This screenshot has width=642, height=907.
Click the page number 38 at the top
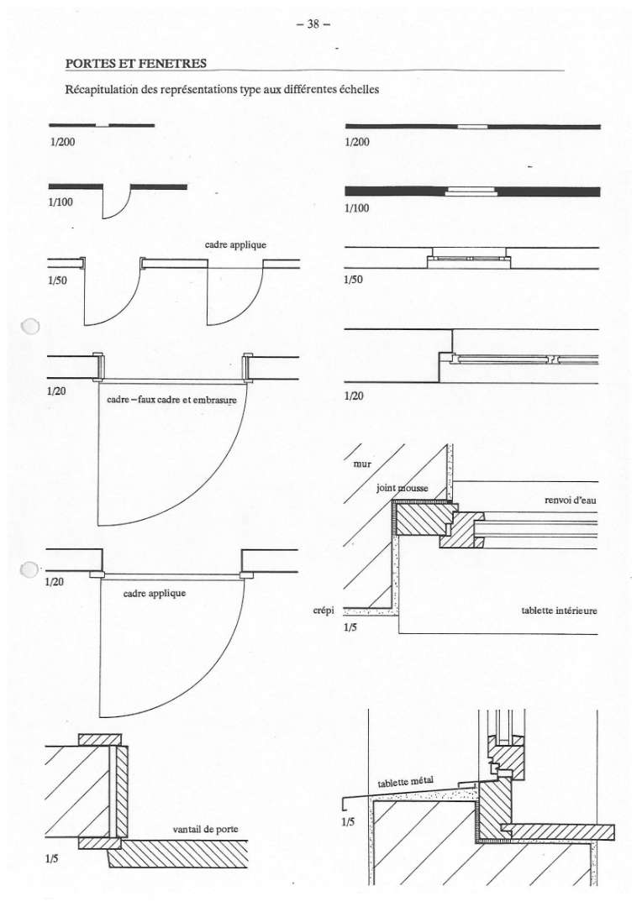tap(313, 24)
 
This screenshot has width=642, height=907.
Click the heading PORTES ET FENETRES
tap(136, 63)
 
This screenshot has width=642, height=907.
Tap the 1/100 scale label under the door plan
tap(61, 202)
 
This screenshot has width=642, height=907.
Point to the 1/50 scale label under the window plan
tap(353, 280)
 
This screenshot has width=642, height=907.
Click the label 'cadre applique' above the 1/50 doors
tap(235, 244)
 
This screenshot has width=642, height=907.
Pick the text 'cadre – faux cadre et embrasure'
tap(171, 400)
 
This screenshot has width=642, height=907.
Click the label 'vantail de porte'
tap(206, 829)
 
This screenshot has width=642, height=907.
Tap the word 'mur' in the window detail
tap(362, 464)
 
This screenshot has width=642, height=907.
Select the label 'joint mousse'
tap(403, 488)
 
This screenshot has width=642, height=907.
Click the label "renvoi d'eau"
tap(571, 500)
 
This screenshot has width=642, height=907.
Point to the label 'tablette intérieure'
tap(559, 611)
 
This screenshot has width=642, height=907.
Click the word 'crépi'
tap(324, 611)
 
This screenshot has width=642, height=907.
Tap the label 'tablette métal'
tap(405, 782)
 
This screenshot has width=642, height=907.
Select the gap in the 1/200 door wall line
tap(103, 125)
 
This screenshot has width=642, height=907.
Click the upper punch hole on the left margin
tap(30, 327)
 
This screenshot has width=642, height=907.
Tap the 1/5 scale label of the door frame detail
tap(51, 859)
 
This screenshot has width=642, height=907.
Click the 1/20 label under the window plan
tap(354, 396)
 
